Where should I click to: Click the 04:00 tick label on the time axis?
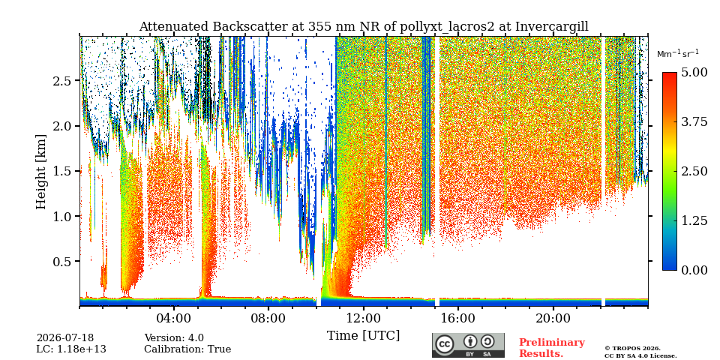[174, 318]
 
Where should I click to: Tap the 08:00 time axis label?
[268, 318]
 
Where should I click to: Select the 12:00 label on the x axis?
[363, 318]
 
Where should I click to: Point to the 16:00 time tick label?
[457, 318]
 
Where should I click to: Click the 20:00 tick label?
[553, 318]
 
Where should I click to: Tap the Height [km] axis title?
[41, 172]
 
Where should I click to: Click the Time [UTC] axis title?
[363, 336]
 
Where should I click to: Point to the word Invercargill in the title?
[552, 27]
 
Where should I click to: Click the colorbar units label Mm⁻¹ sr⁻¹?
[678, 53]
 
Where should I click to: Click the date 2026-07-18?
[64, 338]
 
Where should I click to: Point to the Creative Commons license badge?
[468, 345]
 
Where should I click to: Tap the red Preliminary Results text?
[552, 347]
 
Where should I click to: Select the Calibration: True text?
[187, 349]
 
